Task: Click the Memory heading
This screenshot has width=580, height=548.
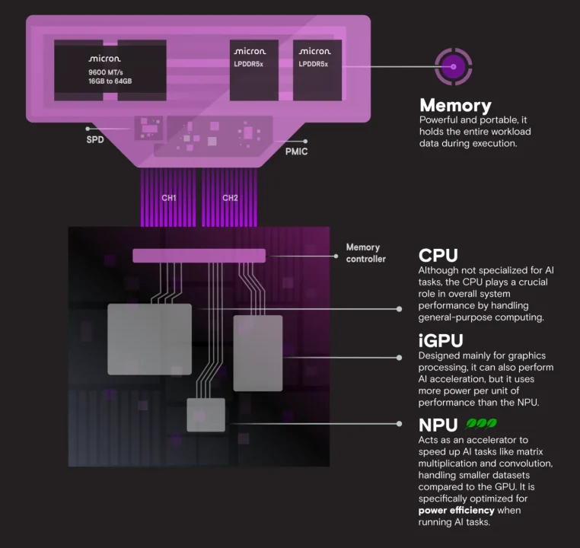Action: (455, 106)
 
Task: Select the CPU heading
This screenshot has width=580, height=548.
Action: (438, 255)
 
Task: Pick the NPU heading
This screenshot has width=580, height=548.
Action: (438, 425)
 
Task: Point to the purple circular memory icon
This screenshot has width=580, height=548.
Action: (454, 67)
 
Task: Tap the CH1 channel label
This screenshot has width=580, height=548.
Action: (169, 198)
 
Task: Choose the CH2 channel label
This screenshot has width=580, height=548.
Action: (230, 198)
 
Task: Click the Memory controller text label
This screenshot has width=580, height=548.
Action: (366, 253)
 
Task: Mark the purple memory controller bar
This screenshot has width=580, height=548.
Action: (199, 256)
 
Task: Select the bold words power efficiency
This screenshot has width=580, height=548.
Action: (455, 510)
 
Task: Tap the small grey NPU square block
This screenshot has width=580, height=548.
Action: (206, 415)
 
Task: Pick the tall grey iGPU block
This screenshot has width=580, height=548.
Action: (257, 352)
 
